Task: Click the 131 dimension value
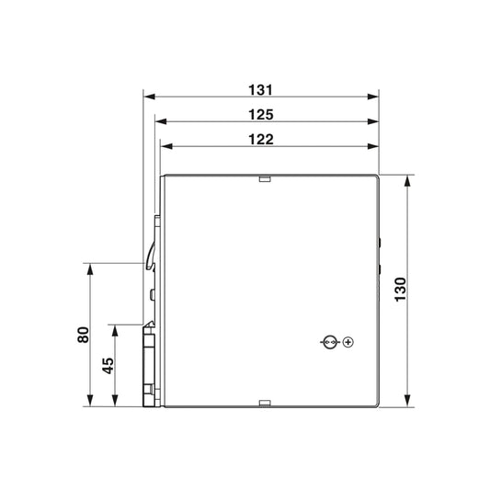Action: [x=260, y=90]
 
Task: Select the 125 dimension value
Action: [x=261, y=115]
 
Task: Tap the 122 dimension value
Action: [x=261, y=140]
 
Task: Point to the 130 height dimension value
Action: [x=400, y=290]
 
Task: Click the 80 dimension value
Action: [x=83, y=335]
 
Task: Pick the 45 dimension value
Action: [x=108, y=366]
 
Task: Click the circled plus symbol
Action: [x=348, y=342]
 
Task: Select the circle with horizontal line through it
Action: [x=330, y=342]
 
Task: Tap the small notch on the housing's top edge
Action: [x=265, y=178]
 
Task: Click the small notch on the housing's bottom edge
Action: [x=265, y=404]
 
